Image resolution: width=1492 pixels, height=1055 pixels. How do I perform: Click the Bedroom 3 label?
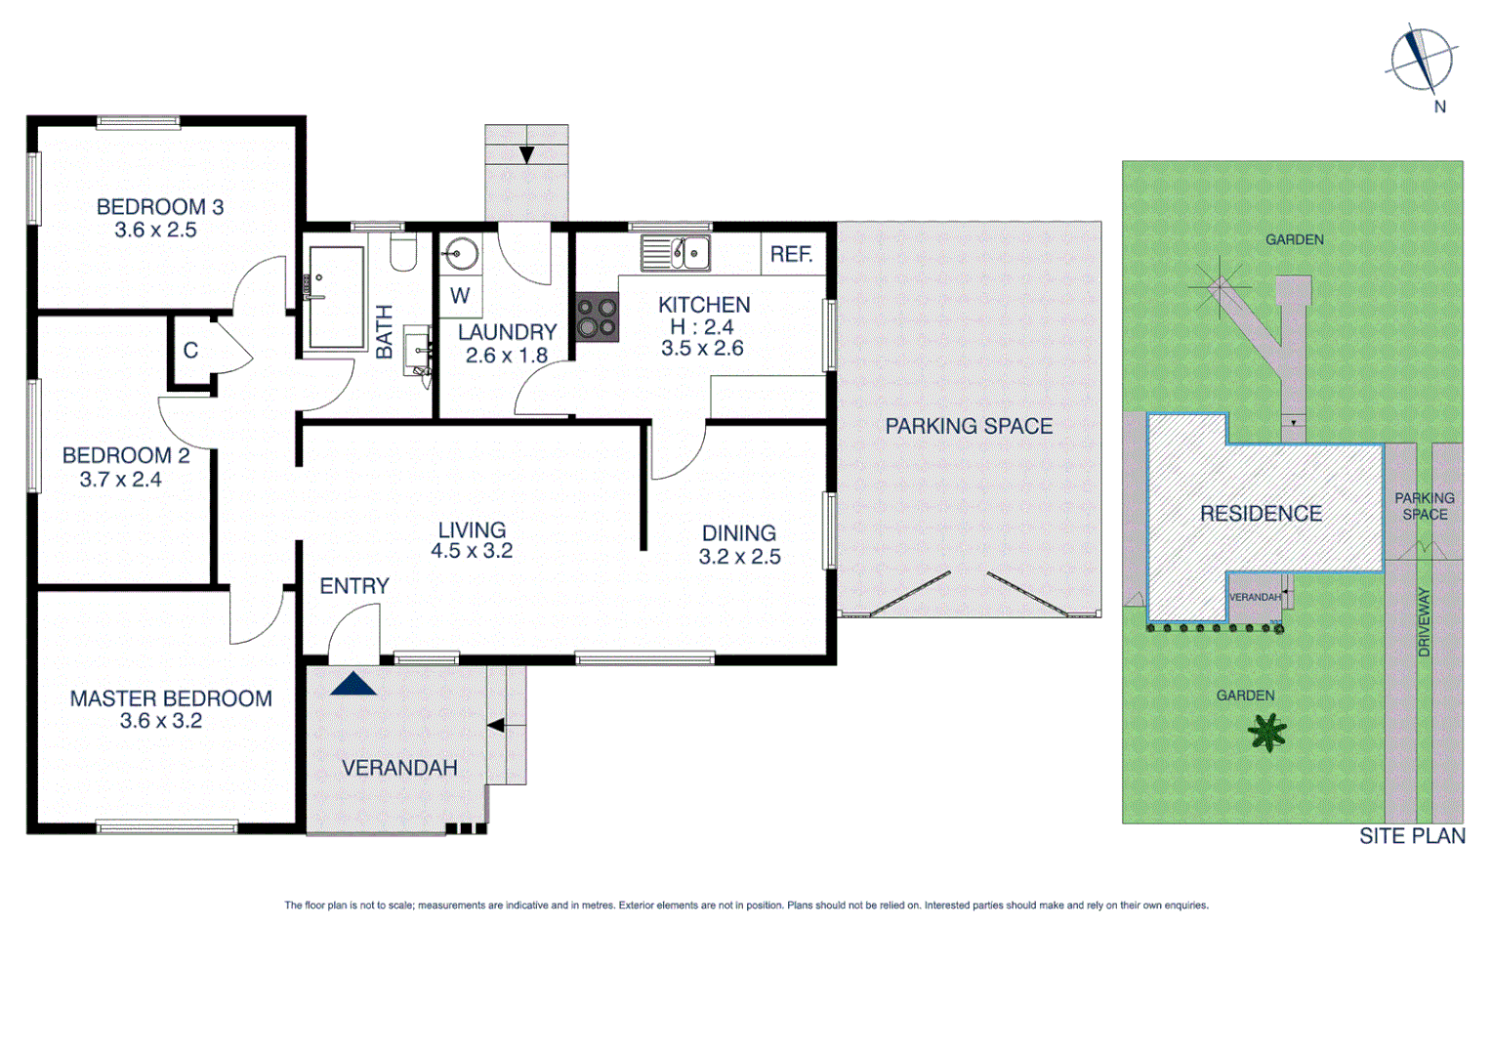point(160,207)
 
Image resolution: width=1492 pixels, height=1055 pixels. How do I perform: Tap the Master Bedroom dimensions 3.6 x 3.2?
point(161,722)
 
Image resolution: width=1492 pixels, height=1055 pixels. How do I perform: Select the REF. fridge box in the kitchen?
point(791,255)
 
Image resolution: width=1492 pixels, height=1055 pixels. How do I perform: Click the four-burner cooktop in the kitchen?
point(597,317)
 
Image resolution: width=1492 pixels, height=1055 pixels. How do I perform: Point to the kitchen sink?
point(676,254)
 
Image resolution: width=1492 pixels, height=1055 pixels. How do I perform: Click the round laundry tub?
point(459,255)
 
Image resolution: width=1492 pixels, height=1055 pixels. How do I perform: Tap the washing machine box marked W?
point(460,296)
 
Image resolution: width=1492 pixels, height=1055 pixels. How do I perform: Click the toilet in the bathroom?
point(403,252)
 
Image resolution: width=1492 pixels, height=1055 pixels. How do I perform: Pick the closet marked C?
point(190,351)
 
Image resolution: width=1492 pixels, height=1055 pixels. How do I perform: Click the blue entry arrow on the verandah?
point(352,683)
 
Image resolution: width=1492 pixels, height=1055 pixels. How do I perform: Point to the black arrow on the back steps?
point(496,726)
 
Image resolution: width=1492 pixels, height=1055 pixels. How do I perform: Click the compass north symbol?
point(1421,60)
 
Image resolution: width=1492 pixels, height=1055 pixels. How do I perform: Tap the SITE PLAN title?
point(1412,836)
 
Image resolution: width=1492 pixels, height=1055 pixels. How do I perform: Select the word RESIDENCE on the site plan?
point(1261,514)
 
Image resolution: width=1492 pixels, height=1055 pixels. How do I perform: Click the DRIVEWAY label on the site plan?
point(1424,622)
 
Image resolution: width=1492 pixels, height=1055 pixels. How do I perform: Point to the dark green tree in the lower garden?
point(1267,732)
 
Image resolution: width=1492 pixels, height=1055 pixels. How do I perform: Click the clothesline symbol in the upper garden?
point(1220,286)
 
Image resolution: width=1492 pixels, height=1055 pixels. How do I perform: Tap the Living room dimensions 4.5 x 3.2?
point(472,551)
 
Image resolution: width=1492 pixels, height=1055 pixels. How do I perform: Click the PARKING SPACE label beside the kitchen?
point(969,427)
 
